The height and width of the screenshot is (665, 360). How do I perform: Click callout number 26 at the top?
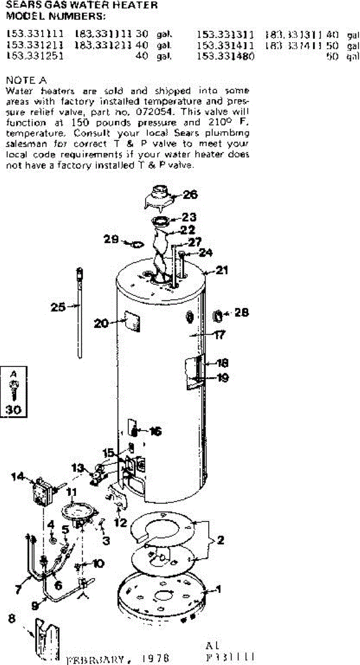(190, 195)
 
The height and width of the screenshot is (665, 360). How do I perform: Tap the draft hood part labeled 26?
(159, 198)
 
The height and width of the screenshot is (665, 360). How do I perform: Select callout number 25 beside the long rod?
(58, 306)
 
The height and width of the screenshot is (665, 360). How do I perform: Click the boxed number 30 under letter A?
(12, 411)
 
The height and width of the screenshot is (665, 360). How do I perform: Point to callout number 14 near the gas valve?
(18, 475)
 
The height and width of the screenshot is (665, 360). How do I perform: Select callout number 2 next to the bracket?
(220, 539)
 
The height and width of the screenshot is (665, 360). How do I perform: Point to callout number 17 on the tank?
(219, 335)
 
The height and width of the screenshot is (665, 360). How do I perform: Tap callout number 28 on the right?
(242, 313)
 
